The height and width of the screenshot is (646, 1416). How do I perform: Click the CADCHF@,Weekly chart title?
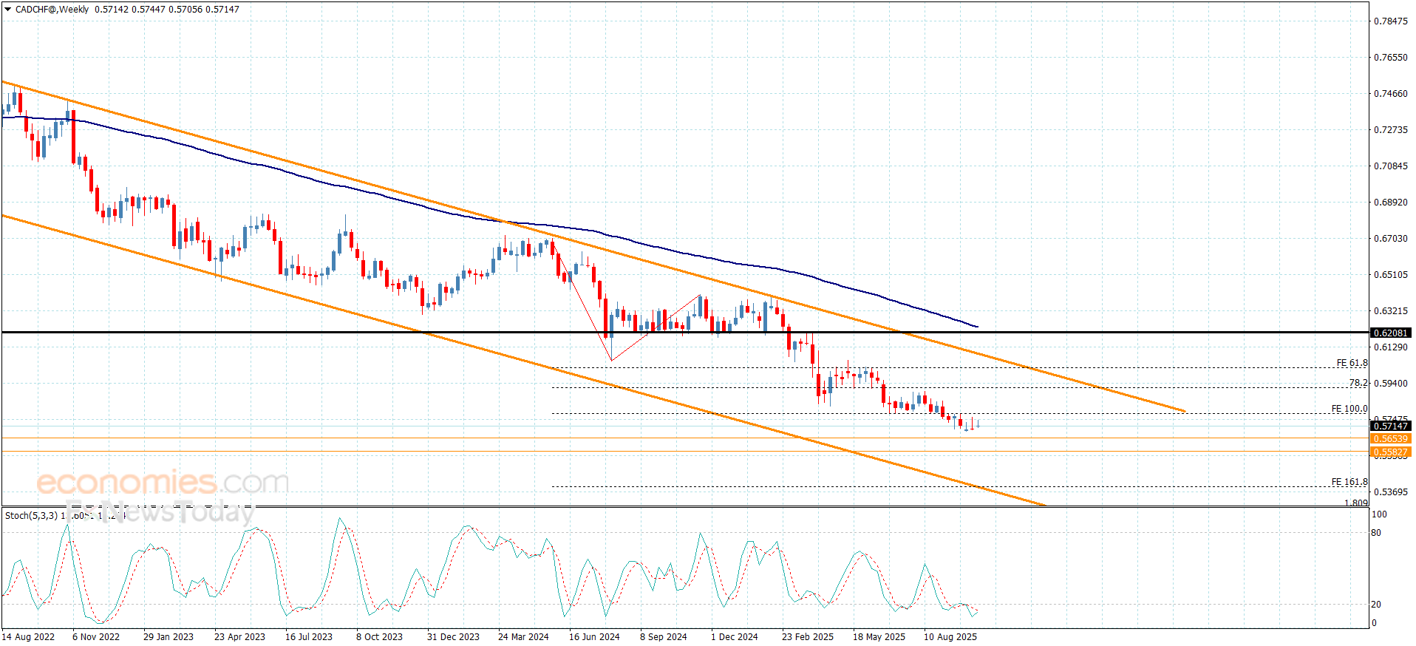52,10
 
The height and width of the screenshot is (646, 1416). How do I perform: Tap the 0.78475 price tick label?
1390,21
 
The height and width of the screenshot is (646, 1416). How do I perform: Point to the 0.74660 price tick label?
1390,93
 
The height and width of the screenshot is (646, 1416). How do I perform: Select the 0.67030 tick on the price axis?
1390,238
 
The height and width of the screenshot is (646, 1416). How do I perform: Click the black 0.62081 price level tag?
1390,333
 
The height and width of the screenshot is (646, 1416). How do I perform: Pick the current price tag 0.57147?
1390,426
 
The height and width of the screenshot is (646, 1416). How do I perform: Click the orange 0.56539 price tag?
1390,439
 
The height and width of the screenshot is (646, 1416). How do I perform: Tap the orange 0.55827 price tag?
1390,452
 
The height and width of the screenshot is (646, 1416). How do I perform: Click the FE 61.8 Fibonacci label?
1352,363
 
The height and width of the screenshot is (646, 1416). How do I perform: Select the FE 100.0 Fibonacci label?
1349,409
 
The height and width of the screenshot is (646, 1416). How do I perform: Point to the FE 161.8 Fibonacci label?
1349,482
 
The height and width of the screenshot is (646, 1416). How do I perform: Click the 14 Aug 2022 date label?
28,636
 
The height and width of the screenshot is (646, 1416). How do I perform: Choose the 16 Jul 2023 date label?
309,636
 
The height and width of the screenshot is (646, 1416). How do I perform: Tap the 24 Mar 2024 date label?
523,636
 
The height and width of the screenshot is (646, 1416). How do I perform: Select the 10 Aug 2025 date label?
950,636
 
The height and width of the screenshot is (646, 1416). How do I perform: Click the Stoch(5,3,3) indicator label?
31,515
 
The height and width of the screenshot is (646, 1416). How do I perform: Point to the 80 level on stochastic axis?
1376,532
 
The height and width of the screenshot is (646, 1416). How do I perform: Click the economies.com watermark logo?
163,483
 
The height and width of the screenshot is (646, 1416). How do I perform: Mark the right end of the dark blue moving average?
977,326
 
